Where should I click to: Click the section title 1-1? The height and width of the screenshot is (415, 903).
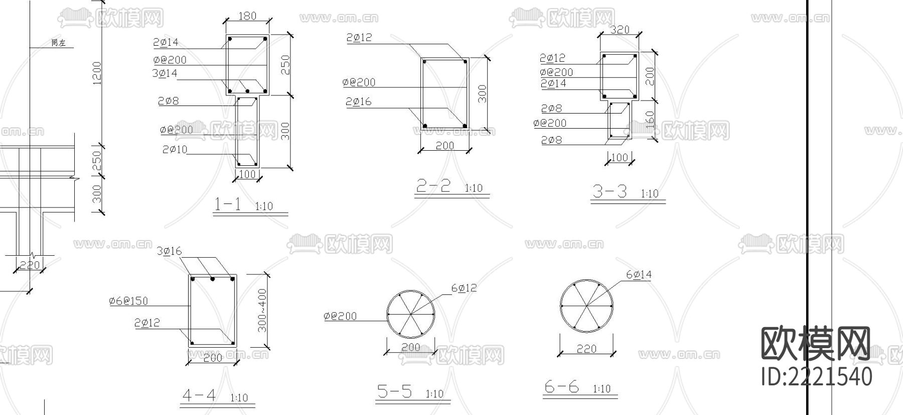click(x=228, y=204)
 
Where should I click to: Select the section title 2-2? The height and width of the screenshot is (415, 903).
click(x=433, y=186)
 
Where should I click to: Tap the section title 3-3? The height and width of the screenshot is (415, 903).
click(x=610, y=191)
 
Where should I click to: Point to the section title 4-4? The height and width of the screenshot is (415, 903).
click(x=199, y=395)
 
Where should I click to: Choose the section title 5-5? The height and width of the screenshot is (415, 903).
click(x=394, y=391)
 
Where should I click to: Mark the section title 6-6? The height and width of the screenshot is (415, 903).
click(x=561, y=387)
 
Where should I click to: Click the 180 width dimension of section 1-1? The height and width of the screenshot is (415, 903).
click(x=247, y=16)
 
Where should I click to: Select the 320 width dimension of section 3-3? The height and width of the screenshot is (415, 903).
click(x=620, y=30)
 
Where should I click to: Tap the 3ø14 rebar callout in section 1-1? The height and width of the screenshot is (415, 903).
click(x=165, y=73)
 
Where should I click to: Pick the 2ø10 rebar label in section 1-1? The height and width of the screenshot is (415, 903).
click(x=175, y=150)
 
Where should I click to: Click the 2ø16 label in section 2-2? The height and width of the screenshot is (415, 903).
click(x=359, y=102)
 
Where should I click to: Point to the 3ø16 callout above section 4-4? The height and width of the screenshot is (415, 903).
click(x=169, y=251)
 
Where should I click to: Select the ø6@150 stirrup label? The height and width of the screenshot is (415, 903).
click(x=128, y=301)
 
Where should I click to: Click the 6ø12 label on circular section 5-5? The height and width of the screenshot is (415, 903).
click(x=464, y=288)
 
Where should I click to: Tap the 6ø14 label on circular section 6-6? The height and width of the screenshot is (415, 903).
click(x=639, y=274)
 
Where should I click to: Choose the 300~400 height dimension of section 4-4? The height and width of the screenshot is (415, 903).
click(x=262, y=310)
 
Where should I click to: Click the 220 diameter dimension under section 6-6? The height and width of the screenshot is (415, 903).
click(x=586, y=348)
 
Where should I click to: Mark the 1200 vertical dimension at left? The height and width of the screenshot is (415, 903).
click(x=97, y=73)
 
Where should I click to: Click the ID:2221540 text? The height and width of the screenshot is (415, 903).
click(x=816, y=377)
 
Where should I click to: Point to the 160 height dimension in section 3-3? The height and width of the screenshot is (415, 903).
click(x=650, y=120)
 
